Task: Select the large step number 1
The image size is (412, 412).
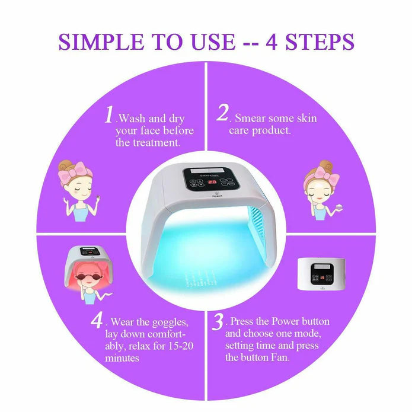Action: pos(108,114)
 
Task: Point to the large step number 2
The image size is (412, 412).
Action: pos(223,113)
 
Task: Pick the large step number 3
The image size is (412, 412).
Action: pos(218,323)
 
